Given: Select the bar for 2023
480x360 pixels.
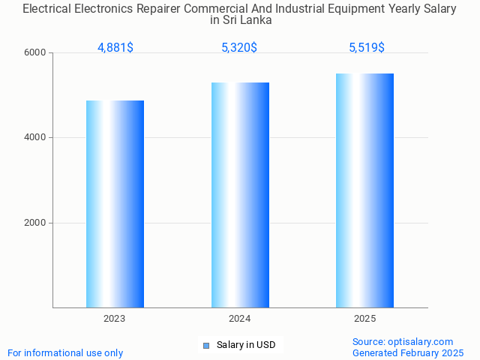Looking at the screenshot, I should [115, 204].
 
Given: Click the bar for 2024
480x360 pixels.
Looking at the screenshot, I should [240, 195].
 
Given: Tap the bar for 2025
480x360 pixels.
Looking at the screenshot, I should [365, 190].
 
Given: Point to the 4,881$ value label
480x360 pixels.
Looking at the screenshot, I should [115, 48].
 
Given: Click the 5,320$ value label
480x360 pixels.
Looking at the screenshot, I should [239, 48].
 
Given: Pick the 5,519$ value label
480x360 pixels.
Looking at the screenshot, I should [367, 48].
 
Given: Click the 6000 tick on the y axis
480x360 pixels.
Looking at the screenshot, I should [35, 53].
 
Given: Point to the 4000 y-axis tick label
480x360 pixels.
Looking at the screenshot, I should [35, 138].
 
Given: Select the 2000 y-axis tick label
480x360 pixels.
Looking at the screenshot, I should [35, 223].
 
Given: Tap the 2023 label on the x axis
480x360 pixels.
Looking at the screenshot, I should [115, 319].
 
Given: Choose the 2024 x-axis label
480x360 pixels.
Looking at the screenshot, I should [240, 319].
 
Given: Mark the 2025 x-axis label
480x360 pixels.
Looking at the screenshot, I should [365, 319].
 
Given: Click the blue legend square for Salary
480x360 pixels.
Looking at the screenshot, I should [206, 346].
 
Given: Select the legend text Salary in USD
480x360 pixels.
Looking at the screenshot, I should [246, 345].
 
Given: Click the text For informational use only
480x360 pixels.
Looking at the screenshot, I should [65, 352].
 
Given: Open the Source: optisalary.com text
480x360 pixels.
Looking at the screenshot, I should [403, 341].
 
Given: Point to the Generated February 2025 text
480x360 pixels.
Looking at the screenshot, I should [408, 352].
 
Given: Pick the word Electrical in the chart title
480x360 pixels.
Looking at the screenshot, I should [46, 10].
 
